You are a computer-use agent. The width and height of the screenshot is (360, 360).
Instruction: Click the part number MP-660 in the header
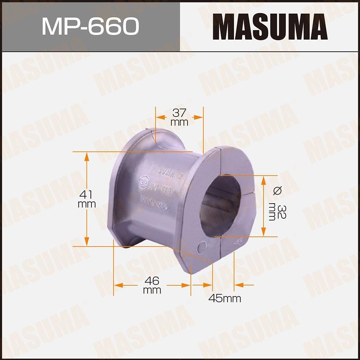[90, 26]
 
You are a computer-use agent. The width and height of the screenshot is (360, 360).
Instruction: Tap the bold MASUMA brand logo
[270, 27]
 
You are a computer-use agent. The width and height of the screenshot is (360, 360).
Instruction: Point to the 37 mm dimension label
[179, 117]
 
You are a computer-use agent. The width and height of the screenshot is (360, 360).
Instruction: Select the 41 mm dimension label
[87, 199]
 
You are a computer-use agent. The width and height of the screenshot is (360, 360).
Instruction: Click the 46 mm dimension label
[152, 285]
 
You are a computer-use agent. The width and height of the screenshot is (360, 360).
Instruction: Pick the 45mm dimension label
[225, 298]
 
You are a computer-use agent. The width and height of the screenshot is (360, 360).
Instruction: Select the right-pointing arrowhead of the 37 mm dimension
[199, 117]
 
